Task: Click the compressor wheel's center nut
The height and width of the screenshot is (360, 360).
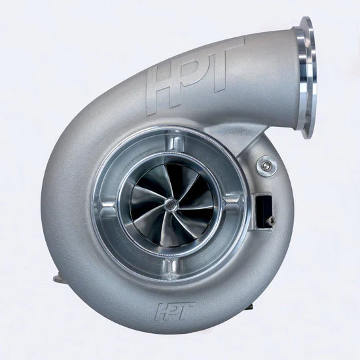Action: (170, 203)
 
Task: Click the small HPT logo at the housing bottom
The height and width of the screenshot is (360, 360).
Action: (174, 311)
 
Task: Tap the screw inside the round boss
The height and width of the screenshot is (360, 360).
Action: (266, 165)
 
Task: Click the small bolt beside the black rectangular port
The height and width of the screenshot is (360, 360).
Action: (271, 220)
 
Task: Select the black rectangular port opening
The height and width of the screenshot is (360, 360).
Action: (264, 211)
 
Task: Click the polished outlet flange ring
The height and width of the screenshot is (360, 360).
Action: (306, 78)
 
